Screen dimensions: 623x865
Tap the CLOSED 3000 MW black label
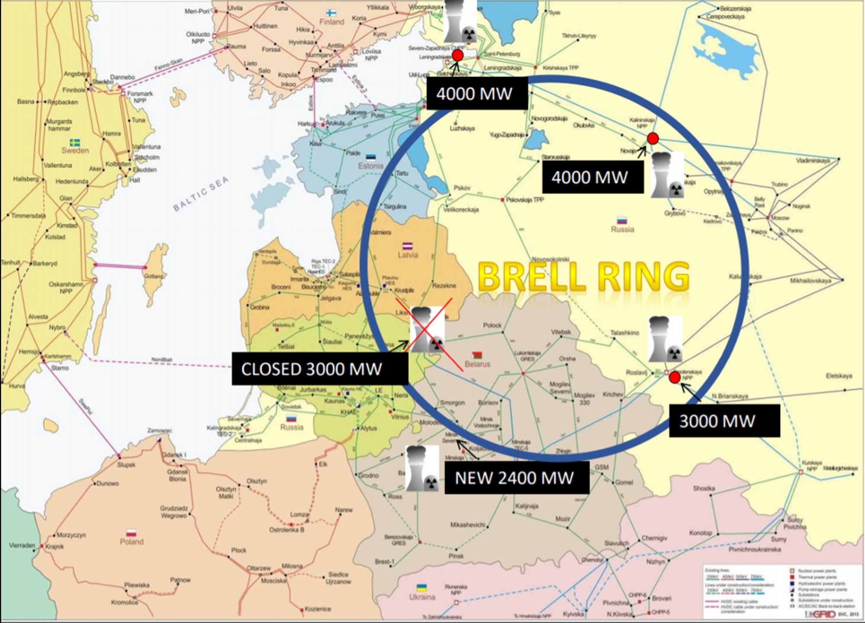(320, 369)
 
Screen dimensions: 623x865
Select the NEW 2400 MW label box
(516, 478)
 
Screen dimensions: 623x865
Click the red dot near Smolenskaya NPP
(674, 378)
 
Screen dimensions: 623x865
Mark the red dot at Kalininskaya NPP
(653, 139)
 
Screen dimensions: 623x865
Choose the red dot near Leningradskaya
(457, 55)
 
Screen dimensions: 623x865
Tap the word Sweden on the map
(75, 151)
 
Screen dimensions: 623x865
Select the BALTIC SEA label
(201, 194)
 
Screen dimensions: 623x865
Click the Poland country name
(131, 542)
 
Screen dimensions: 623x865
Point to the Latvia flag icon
(407, 246)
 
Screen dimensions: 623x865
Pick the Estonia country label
(370, 166)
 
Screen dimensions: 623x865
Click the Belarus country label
(477, 364)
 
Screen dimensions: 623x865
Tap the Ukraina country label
(422, 597)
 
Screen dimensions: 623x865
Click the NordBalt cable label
(162, 360)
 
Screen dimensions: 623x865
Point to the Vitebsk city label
(561, 332)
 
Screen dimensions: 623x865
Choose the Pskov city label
(462, 188)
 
